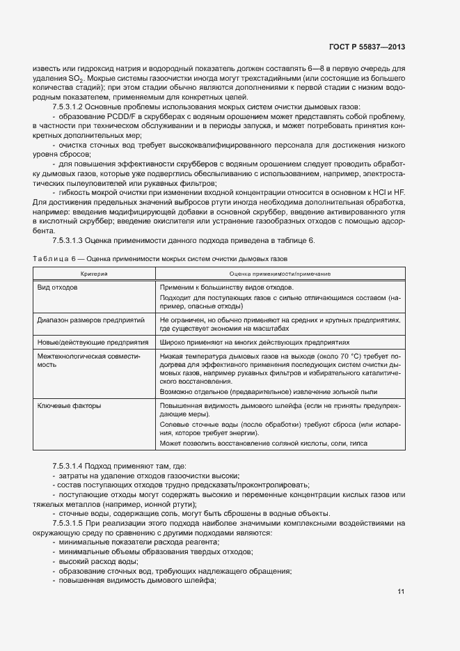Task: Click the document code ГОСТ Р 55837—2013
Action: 367,47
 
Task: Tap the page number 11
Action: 401,592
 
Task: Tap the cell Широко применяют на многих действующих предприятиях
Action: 254,343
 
